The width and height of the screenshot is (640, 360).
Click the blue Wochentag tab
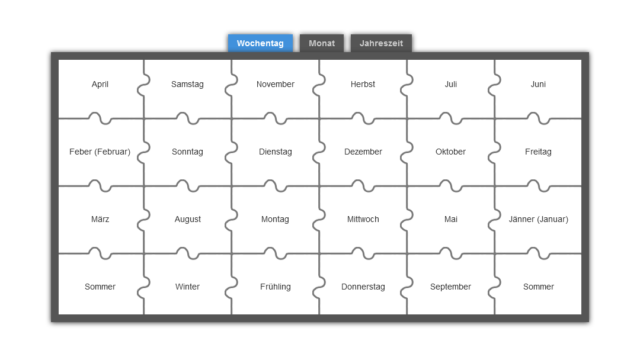click(x=260, y=43)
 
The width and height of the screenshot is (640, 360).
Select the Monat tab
click(x=322, y=43)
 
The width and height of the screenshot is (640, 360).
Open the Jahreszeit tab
click(x=381, y=43)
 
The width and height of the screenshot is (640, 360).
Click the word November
click(x=275, y=84)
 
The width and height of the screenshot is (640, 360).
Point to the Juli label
click(x=451, y=84)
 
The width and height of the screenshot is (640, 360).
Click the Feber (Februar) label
click(x=100, y=151)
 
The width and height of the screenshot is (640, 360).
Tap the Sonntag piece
click(x=187, y=152)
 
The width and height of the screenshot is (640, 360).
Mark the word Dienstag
click(x=276, y=151)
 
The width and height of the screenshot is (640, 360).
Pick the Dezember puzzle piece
click(x=363, y=152)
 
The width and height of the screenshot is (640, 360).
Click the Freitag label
click(x=538, y=151)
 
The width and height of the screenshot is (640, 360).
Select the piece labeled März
click(x=101, y=220)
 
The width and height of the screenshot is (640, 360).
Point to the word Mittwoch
click(x=363, y=219)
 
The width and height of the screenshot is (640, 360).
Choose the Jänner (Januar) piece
click(x=538, y=220)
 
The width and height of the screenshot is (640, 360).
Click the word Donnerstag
click(x=363, y=287)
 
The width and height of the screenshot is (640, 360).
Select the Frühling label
click(x=276, y=287)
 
